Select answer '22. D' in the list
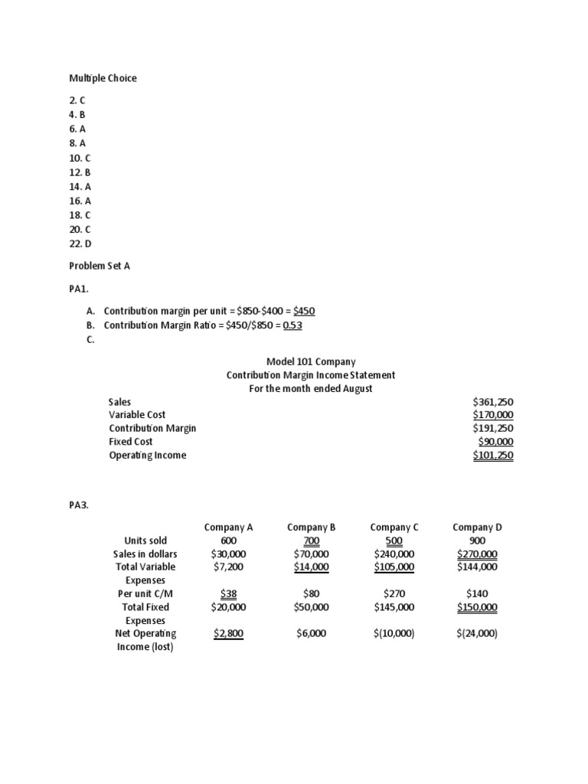[x=80, y=243]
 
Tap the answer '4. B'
[x=78, y=113]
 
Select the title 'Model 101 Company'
[x=311, y=361]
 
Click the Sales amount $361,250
[x=493, y=401]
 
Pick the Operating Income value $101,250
[x=493, y=456]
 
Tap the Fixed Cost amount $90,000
[x=495, y=442]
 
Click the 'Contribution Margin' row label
[x=152, y=428]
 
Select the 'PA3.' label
[x=79, y=504]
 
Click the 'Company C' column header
[x=394, y=527]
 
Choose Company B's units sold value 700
[x=311, y=541]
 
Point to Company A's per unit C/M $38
[x=228, y=593]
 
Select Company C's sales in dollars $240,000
[x=394, y=554]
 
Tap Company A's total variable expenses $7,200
[x=228, y=567]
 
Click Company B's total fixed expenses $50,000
[x=311, y=607]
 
